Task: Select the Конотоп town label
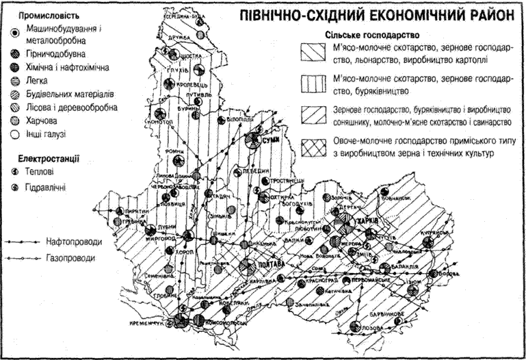pyautogui.click(x=167, y=121)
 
